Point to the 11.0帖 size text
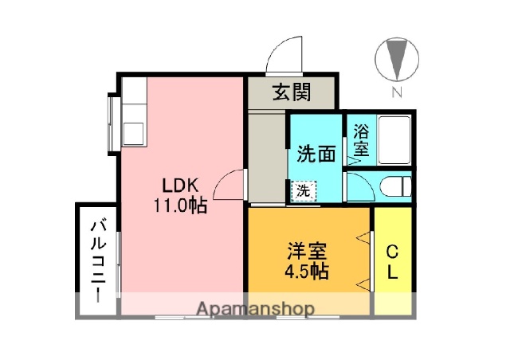click(181, 205)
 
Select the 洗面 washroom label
click(316, 153)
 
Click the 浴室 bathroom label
click(360, 139)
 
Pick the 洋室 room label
click(308, 252)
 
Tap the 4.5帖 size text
click(308, 272)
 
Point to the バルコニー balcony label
click(96, 259)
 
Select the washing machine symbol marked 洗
click(304, 191)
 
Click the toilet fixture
click(394, 186)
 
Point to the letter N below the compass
click(396, 93)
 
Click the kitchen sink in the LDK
click(133, 131)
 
